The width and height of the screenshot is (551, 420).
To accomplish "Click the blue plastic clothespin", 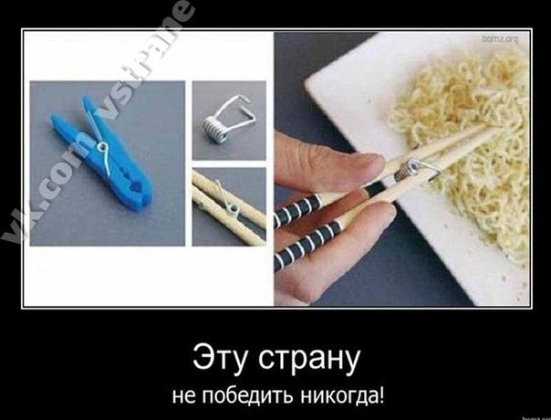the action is [x=102, y=155].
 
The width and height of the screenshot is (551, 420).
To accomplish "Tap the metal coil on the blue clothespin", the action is [x=102, y=147].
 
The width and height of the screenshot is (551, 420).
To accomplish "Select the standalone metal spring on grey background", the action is [x=226, y=119].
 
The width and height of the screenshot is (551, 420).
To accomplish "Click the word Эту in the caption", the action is [x=222, y=359].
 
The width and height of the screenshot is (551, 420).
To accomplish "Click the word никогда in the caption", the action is [x=338, y=396].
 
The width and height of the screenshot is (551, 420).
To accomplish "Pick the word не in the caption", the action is [x=183, y=397].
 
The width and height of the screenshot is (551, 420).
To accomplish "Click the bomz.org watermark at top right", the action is [x=500, y=39].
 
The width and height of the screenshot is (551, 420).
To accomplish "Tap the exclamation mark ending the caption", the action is [x=381, y=394].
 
